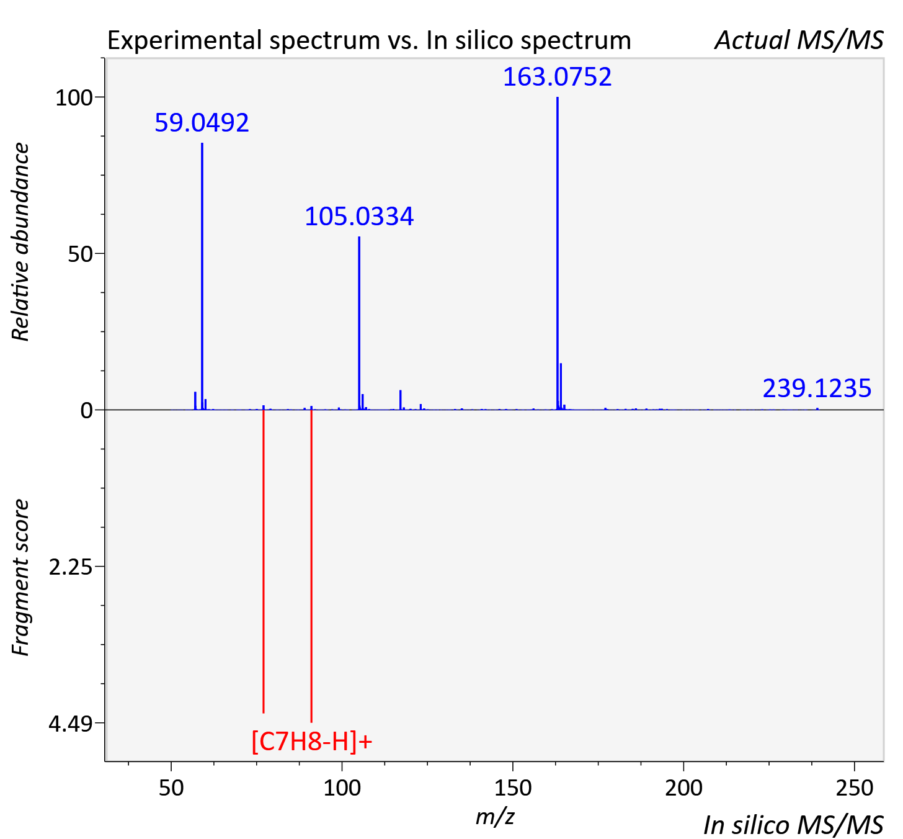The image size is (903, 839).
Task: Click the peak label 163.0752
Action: (x=557, y=77)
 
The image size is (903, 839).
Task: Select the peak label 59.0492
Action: (x=202, y=123)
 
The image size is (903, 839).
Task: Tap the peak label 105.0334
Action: (x=359, y=217)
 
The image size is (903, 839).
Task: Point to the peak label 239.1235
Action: (x=817, y=388)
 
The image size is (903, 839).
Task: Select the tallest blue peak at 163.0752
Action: (x=558, y=253)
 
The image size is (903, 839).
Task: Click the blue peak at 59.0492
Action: (x=202, y=276)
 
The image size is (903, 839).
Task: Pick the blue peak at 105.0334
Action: (x=359, y=323)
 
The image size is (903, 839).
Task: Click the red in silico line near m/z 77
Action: (x=264, y=562)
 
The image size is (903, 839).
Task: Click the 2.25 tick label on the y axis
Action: (x=70, y=567)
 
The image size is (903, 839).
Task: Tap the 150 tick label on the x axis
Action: (x=513, y=787)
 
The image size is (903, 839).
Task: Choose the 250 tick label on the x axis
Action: (x=855, y=787)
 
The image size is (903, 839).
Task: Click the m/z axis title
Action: (x=495, y=817)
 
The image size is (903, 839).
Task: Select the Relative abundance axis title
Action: (x=20, y=241)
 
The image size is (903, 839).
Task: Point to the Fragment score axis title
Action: (x=20, y=577)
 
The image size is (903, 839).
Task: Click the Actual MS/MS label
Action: (x=799, y=40)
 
